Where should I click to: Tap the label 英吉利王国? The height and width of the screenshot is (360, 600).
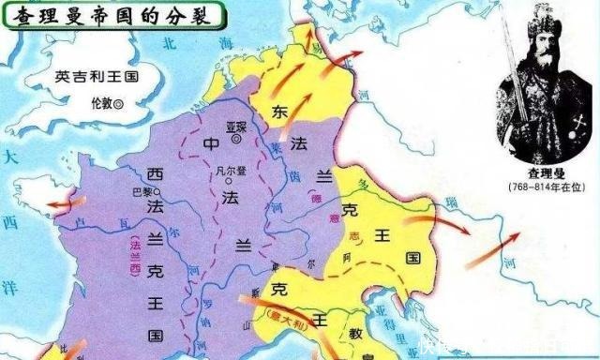tap(91, 78)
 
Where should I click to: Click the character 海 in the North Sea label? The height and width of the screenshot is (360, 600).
tap(220, 44)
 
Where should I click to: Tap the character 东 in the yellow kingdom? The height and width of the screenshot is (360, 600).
tap(278, 111)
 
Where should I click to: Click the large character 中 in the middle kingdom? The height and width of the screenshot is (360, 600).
tap(211, 143)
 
